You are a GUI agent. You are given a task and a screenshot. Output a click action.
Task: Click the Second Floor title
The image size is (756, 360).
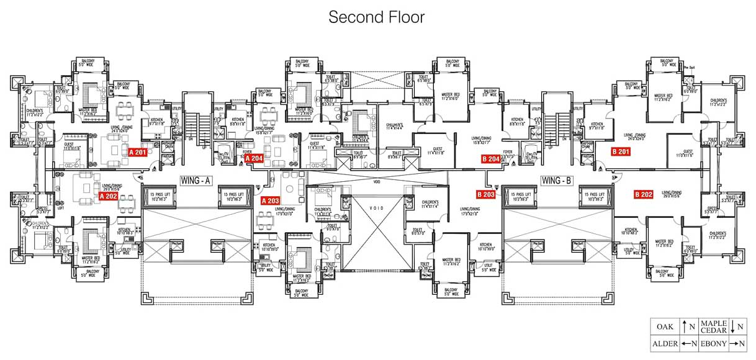pyautogui.click(x=377, y=17)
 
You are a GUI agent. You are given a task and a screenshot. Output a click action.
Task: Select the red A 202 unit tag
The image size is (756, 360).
pyautogui.click(x=108, y=196)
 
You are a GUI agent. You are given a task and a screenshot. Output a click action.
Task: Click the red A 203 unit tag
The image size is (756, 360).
pyautogui.click(x=271, y=200)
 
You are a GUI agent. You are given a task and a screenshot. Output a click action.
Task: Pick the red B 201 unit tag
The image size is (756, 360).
pyautogui.click(x=621, y=151)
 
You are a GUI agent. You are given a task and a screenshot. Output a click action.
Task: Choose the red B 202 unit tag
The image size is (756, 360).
pyautogui.click(x=643, y=194)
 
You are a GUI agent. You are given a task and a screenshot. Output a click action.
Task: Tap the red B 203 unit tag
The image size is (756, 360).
pyautogui.click(x=485, y=194)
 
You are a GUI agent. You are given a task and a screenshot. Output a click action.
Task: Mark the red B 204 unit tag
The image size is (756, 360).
pyautogui.click(x=491, y=158)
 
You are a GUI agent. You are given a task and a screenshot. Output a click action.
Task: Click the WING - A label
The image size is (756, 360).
pyautogui.click(x=197, y=181)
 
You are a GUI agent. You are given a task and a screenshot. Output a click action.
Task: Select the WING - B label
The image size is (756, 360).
pyautogui.click(x=556, y=181)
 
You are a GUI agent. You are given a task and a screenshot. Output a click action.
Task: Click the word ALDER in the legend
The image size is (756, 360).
pyautogui.click(x=664, y=343)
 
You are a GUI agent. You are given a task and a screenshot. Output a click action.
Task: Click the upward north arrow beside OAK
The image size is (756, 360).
pyautogui.click(x=683, y=325)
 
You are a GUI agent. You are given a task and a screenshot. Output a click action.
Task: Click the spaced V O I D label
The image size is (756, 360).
pyautogui.click(x=377, y=208)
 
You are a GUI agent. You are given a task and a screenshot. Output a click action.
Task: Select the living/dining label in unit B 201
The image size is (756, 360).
pyautogui.click(x=639, y=137)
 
